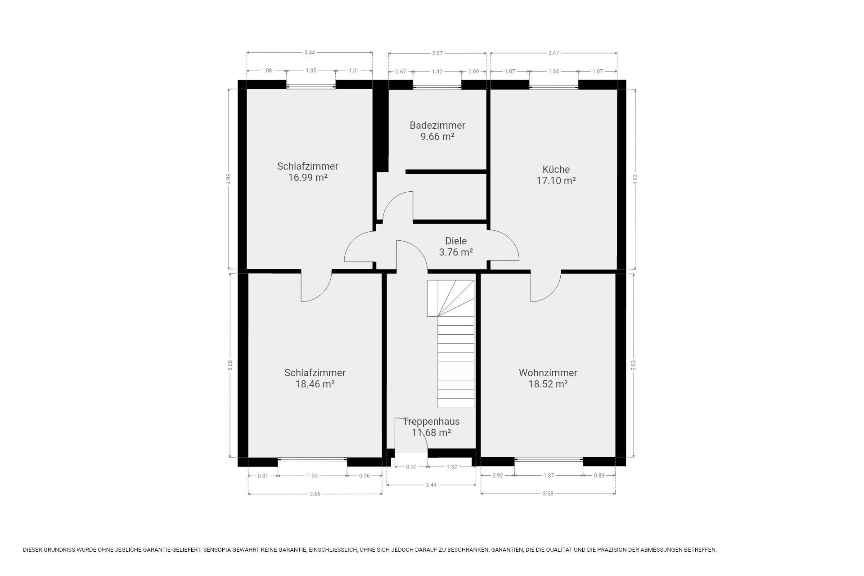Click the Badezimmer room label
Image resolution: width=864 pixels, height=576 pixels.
(x=437, y=125)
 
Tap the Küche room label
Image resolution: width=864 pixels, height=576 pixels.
(x=556, y=169)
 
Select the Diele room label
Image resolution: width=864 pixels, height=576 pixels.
(x=456, y=241)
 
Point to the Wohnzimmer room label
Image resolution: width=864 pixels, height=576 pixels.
(x=548, y=373)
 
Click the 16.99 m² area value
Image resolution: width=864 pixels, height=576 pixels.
(x=308, y=177)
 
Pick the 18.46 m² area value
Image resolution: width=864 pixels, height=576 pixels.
(x=315, y=384)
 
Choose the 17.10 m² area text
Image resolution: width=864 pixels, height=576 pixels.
(x=556, y=180)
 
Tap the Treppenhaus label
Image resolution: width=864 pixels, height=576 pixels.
(x=431, y=421)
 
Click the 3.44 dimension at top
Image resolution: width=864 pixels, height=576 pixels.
(x=310, y=53)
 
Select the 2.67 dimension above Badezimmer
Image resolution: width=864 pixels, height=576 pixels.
(x=437, y=53)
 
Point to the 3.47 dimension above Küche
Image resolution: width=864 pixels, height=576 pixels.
(x=553, y=53)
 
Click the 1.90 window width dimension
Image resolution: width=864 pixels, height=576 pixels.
(x=312, y=476)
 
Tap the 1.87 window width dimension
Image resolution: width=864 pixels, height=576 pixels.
(x=549, y=476)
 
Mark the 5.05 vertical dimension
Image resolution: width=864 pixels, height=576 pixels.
(x=230, y=365)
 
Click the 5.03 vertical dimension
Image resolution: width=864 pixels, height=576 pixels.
(x=634, y=365)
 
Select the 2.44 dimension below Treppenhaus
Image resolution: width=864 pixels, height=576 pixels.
(x=431, y=485)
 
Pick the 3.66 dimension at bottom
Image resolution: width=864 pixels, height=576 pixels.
(x=315, y=494)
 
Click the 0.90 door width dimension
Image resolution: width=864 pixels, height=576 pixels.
(x=411, y=467)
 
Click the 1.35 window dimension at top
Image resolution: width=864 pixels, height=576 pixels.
(x=311, y=71)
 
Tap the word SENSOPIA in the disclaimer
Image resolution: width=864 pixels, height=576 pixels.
(x=217, y=550)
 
